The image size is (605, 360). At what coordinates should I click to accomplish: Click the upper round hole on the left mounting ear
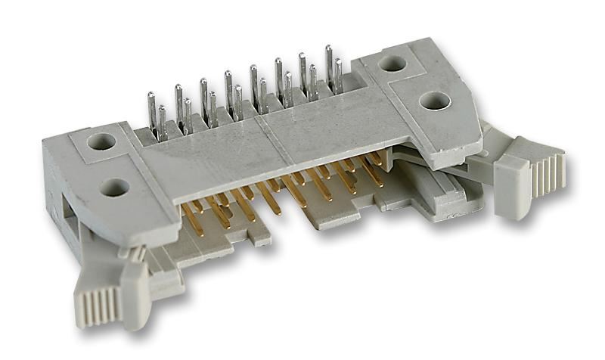(x=101, y=141)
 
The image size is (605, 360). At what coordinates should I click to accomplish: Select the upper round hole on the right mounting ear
(x=392, y=64)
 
